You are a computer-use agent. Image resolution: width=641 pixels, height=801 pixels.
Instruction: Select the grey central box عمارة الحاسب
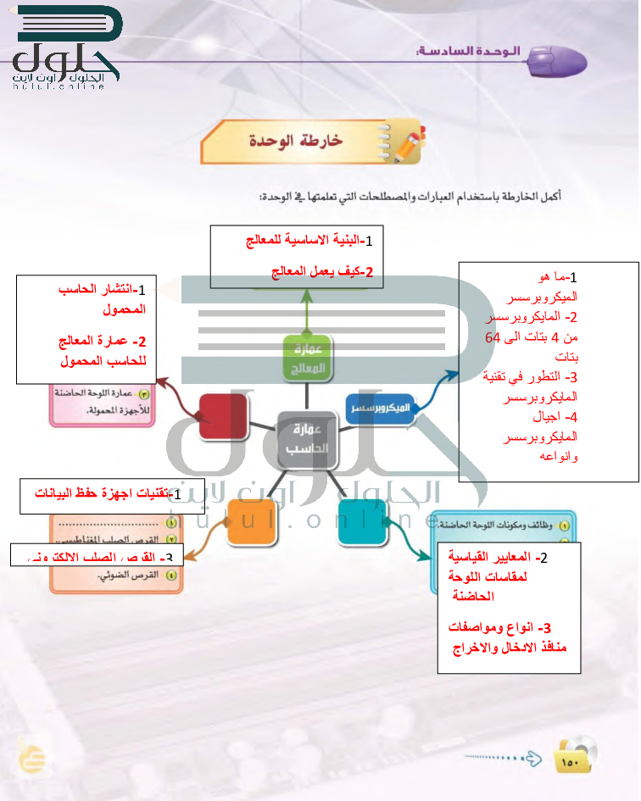[x=307, y=439]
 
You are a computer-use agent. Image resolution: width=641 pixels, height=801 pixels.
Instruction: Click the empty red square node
[x=223, y=415]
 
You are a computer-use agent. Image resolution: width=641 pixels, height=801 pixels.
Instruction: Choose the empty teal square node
[x=362, y=522]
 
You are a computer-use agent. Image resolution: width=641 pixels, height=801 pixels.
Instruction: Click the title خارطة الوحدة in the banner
[x=296, y=141]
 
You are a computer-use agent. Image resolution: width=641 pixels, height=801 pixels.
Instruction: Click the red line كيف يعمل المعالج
[x=321, y=272]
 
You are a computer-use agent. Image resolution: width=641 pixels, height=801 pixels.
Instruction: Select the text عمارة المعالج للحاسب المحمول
[x=100, y=350]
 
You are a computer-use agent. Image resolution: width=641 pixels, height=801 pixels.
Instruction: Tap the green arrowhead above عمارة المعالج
[x=304, y=294]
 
